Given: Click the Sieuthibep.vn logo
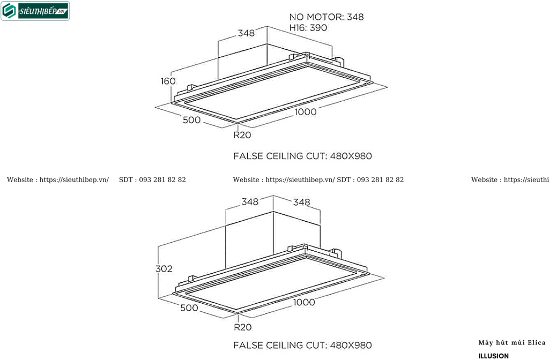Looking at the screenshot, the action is coord(35,11).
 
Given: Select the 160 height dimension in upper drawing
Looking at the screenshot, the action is coord(168,81).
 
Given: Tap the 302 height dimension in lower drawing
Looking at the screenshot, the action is coord(164,269).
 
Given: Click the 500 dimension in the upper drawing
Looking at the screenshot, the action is coord(191,120).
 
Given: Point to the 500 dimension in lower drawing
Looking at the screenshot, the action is coord(189,308).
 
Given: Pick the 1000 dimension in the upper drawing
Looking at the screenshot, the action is coord(306,112).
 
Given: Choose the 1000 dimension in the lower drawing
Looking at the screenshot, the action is coord(304,302).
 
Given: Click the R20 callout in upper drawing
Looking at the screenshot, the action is coord(242,135).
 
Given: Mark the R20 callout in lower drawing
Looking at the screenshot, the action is coord(243,327).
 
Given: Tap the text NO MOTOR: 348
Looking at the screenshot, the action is coord(327,17).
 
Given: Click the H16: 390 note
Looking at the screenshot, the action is coord(308,28).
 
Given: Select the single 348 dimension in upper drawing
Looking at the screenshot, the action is coord(246,33).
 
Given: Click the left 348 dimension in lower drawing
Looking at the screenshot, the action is coord(250,202).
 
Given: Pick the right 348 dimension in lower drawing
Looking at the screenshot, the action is coord(301,202).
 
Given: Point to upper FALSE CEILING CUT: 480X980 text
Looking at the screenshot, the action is coord(302,156).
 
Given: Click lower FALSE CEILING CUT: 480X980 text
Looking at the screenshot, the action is coord(302,346).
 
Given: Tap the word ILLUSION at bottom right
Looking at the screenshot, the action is coord(493,356).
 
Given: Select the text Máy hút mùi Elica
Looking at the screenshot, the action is coord(512,343).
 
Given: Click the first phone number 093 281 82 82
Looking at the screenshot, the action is coord(162,180).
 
